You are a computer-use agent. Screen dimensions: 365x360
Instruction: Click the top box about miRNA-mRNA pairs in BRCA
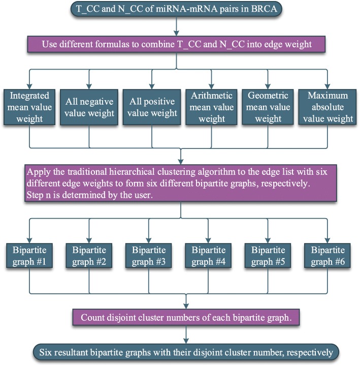pyautogui.click(x=175, y=10)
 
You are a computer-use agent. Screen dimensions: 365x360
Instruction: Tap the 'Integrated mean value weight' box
pyautogui.click(x=30, y=107)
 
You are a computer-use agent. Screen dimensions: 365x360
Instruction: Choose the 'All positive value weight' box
pyautogui.click(x=151, y=107)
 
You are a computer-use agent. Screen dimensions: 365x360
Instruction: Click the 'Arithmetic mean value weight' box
pyautogui.click(x=211, y=107)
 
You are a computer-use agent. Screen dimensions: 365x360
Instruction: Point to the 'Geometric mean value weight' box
pyautogui.click(x=270, y=107)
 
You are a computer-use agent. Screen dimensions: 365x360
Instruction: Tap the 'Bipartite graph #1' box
pyautogui.click(x=30, y=256)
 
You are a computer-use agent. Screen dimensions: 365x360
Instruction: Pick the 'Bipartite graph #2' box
pyautogui.click(x=89, y=256)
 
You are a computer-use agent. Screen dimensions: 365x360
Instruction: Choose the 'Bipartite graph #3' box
pyautogui.click(x=148, y=256)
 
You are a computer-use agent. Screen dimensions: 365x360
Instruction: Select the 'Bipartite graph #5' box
pyautogui.click(x=268, y=256)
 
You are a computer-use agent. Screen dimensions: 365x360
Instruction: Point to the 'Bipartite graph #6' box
pyautogui.click(x=328, y=256)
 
